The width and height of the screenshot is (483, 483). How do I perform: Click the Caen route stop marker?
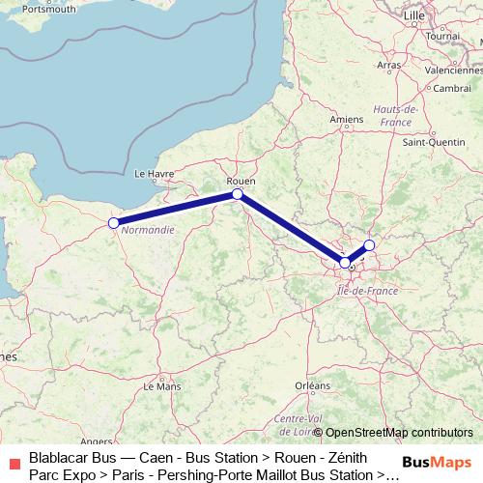pos(114,223)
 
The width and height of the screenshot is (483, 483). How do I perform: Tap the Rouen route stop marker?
pos(238,194)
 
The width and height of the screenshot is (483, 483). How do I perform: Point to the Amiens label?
pos(346,120)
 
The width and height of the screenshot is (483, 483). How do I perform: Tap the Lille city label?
pos(414,16)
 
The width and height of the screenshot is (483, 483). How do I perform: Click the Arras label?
pos(389,65)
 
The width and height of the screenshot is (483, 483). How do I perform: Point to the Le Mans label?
pos(161,385)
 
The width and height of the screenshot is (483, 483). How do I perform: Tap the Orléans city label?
pos(312,385)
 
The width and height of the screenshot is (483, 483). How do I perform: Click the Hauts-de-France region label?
pos(398,116)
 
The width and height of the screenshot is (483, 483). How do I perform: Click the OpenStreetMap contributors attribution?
pos(398,433)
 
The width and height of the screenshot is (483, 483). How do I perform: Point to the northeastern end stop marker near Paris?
pos(369,245)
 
